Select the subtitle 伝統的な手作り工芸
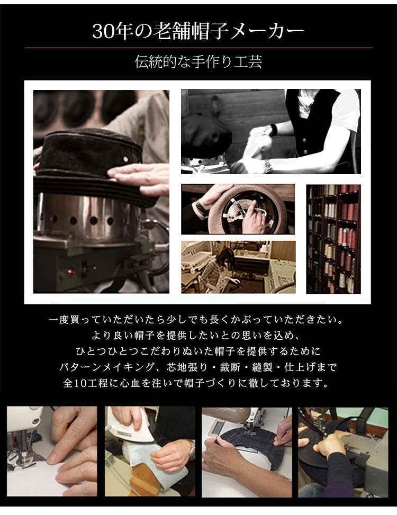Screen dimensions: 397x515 198,61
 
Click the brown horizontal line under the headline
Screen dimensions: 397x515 198,48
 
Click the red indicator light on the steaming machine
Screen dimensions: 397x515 70,272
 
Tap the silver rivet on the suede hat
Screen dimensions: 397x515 125,159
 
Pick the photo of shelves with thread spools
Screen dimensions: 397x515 333,239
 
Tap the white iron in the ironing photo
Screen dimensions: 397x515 131,427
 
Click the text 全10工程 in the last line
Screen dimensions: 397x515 85,383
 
